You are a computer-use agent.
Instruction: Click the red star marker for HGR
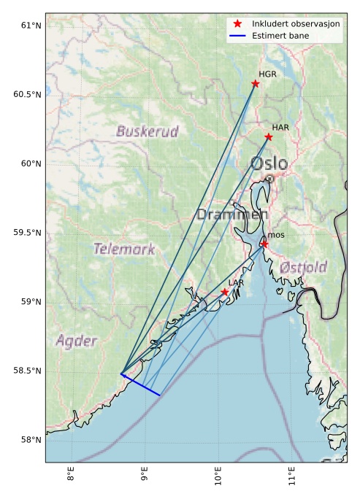tap(255, 83)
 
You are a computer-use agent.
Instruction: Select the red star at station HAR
tap(269, 136)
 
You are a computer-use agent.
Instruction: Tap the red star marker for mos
tap(264, 244)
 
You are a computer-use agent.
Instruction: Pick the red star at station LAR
tap(225, 292)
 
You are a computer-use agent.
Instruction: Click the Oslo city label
tap(269, 163)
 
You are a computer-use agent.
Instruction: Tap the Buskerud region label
tap(147, 132)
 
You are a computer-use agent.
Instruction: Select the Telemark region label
tap(123, 249)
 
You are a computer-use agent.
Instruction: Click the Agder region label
tap(75, 341)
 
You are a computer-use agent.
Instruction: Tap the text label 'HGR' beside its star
tap(267, 74)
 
